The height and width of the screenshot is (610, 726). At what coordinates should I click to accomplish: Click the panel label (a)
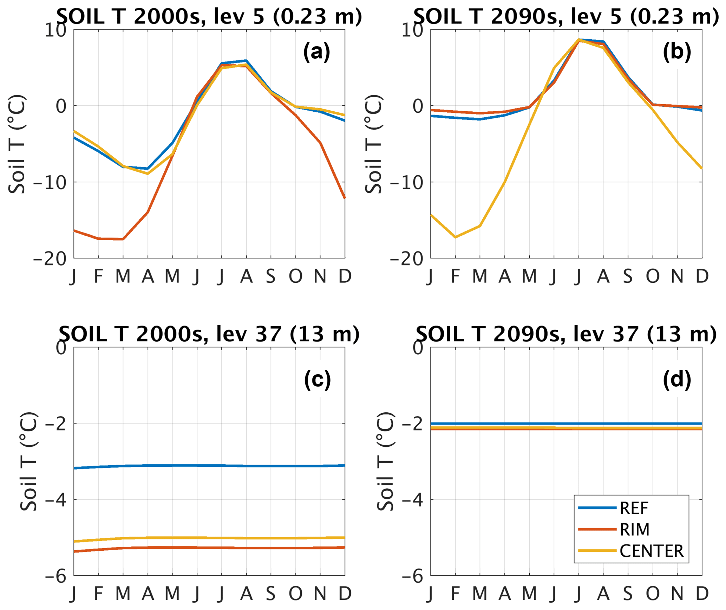316,52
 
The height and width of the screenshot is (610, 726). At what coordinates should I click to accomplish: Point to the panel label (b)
676,52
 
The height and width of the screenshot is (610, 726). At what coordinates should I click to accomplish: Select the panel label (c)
317,380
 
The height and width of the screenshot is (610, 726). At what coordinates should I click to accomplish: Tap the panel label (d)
676,380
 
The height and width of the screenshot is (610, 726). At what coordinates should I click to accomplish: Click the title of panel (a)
209,16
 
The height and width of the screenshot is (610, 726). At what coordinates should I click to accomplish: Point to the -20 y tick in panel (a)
50,259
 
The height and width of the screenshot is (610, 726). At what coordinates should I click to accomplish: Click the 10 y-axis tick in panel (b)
412,31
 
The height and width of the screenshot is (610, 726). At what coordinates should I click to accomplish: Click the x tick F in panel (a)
98,276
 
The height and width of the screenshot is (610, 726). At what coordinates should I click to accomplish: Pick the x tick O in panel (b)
652,276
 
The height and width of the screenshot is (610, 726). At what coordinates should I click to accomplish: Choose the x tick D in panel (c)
345,594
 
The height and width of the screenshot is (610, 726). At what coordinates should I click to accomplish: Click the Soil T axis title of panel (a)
17,144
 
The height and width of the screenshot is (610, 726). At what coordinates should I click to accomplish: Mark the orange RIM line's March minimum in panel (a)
123,239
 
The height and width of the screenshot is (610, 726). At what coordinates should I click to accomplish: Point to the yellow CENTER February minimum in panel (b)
455,237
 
